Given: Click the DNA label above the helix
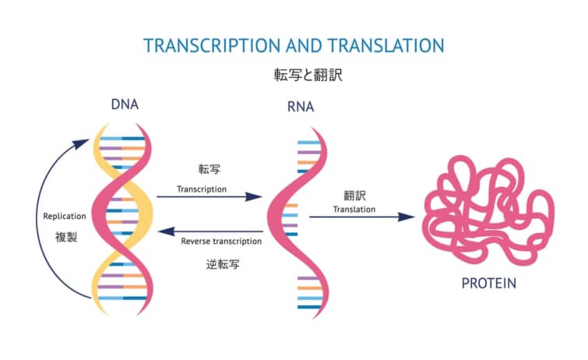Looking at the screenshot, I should [125, 104].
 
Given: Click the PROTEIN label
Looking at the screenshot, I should [488, 283].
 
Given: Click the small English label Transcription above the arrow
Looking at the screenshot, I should [202, 189].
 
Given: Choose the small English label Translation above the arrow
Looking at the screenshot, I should [354, 210].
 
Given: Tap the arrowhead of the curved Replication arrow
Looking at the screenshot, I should [82, 143].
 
